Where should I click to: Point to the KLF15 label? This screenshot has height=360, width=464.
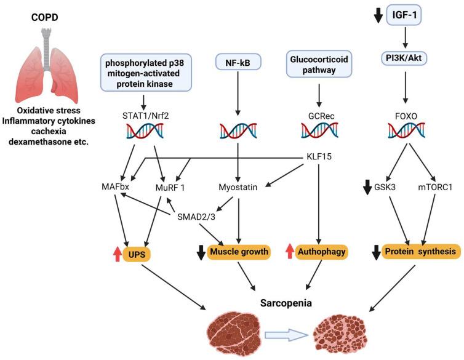pyautogui.click(x=318, y=156)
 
